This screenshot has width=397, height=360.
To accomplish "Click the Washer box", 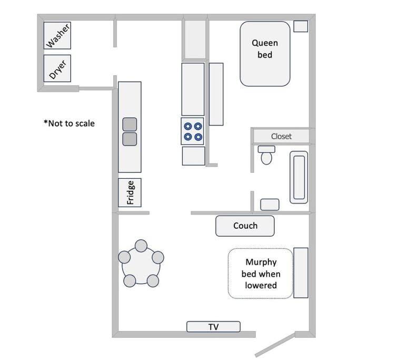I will tap(58, 36).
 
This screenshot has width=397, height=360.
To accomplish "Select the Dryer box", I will tap(58, 69).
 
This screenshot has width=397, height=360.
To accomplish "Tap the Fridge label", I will tap(130, 192).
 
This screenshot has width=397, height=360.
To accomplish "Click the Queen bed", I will tap(265, 53).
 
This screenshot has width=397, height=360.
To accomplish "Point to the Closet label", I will tap(281, 136).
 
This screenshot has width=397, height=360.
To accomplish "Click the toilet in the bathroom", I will tap(266, 155).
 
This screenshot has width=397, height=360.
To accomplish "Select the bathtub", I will tap(299, 177).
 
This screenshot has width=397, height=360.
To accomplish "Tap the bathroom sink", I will tap(270, 205).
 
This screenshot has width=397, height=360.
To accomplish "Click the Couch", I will tap(245, 226).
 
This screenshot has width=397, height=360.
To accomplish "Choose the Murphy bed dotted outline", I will tap(260, 274).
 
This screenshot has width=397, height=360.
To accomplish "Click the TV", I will tap(213, 327).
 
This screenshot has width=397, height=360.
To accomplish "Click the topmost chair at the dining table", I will tap(141, 246).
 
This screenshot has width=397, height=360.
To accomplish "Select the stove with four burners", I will tap(193, 132).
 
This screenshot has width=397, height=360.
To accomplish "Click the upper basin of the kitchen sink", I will tap(130, 124).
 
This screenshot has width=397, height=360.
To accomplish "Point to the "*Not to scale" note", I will tap(69, 123).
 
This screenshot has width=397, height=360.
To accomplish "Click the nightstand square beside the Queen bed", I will tap(301, 26).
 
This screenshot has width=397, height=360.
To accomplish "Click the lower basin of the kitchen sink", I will tap(130, 139).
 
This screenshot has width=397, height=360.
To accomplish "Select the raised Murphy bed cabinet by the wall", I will tap(301, 273).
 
